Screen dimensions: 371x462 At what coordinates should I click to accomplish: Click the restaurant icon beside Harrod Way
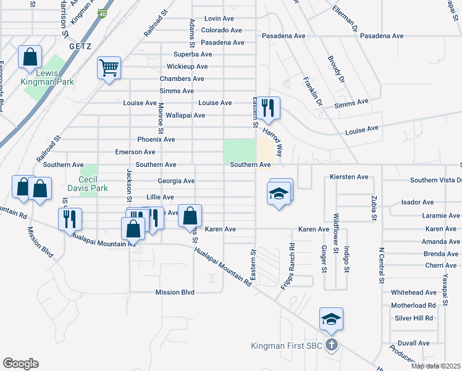268,108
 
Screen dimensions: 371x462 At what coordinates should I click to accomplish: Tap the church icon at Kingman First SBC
331,345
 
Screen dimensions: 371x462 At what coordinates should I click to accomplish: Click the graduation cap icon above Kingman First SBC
331,318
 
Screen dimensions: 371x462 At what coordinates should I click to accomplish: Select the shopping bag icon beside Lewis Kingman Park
30,57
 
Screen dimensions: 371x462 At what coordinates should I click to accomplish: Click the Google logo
20,364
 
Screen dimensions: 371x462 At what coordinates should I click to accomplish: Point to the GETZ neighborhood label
80,46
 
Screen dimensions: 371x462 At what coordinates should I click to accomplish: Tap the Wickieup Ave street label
189,67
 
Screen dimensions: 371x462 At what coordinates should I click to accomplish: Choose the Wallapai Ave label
180,115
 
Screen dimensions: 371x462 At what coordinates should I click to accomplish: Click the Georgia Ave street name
176,181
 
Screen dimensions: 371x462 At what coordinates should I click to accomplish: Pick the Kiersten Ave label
349,177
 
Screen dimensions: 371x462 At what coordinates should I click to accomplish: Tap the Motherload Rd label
413,305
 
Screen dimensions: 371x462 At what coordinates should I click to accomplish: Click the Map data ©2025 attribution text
435,366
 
